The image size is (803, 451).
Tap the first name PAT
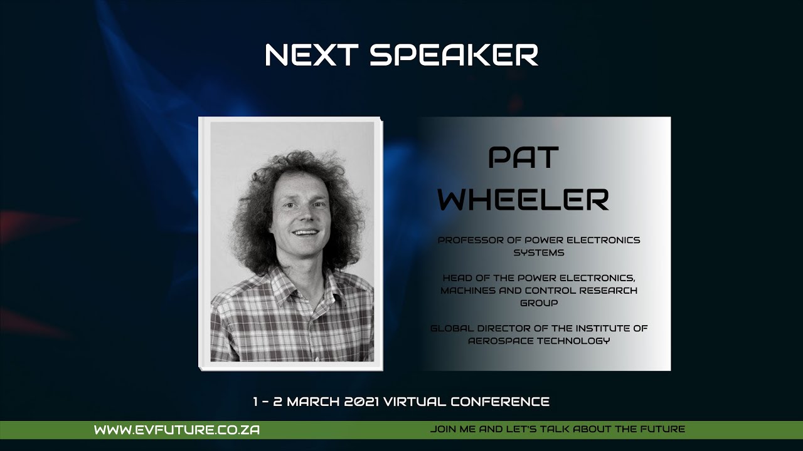pyautogui.click(x=523, y=158)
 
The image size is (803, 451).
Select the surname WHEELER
pyautogui.click(x=523, y=200)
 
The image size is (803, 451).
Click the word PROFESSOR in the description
pyautogui.click(x=467, y=241)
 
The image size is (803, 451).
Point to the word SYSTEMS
pyautogui.click(x=539, y=253)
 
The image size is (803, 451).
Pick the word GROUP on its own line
pyautogui.click(x=539, y=303)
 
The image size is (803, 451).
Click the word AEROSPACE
pyautogui.click(x=500, y=341)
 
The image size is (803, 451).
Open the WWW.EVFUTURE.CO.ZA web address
pyautogui.click(x=177, y=430)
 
